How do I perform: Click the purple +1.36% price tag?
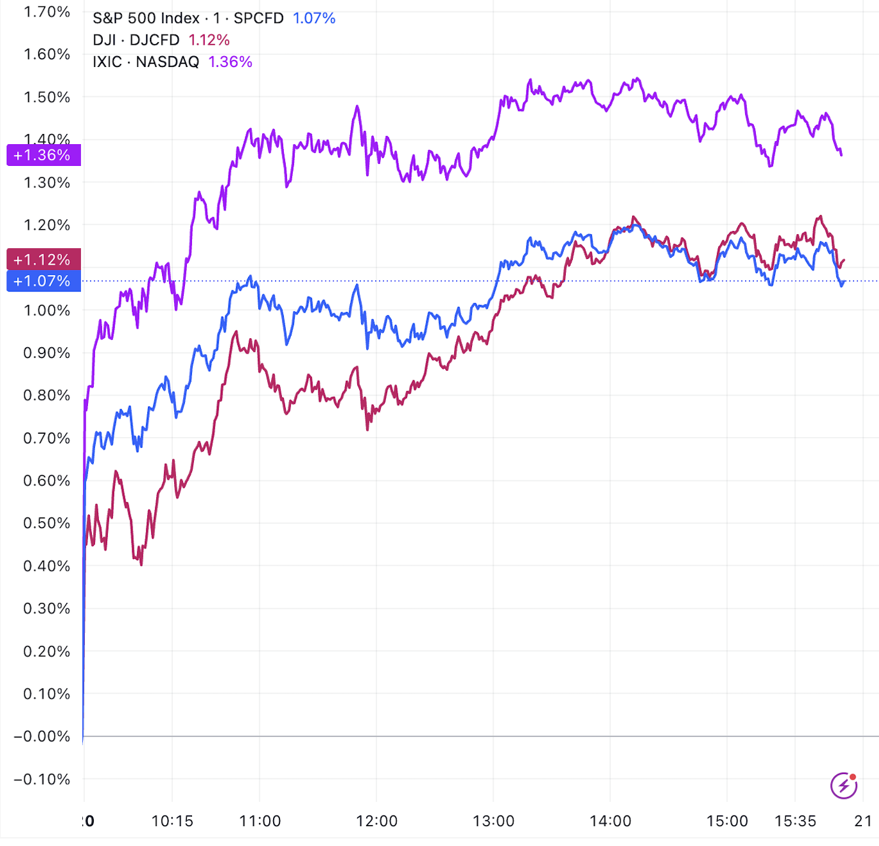(x=43, y=155)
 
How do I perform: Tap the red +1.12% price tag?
(x=43, y=260)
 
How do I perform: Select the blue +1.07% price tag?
(x=43, y=281)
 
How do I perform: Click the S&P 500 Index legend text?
(x=146, y=18)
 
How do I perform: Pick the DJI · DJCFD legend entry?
(x=136, y=40)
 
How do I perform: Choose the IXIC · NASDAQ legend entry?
(x=145, y=62)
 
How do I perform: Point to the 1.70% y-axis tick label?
(x=47, y=11)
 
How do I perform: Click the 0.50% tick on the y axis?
(x=47, y=523)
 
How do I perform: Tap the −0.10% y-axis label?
(x=43, y=779)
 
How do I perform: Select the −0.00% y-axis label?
(x=43, y=736)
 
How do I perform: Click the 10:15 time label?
(x=172, y=821)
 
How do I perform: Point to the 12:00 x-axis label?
(x=376, y=821)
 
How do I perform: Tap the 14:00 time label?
(x=610, y=821)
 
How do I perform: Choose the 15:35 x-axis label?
(x=795, y=821)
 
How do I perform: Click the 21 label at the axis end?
(x=863, y=821)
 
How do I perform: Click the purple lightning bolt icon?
(x=844, y=785)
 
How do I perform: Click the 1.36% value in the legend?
(x=230, y=62)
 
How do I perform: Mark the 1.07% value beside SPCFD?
(x=314, y=18)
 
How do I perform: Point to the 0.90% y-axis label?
(x=47, y=353)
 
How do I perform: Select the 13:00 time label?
(x=493, y=821)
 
